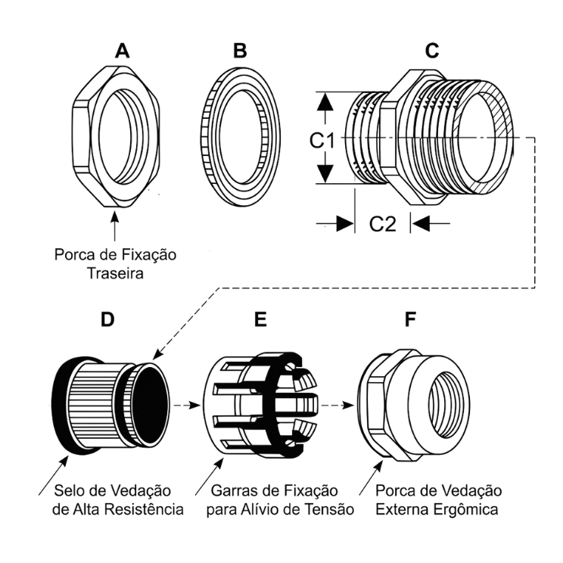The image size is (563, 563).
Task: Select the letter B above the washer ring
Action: [241, 51]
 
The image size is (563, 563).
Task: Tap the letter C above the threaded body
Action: [433, 51]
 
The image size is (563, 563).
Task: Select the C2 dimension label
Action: [383, 224]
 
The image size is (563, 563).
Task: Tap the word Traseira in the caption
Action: [116, 274]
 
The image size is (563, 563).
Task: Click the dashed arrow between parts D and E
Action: [182, 405]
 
